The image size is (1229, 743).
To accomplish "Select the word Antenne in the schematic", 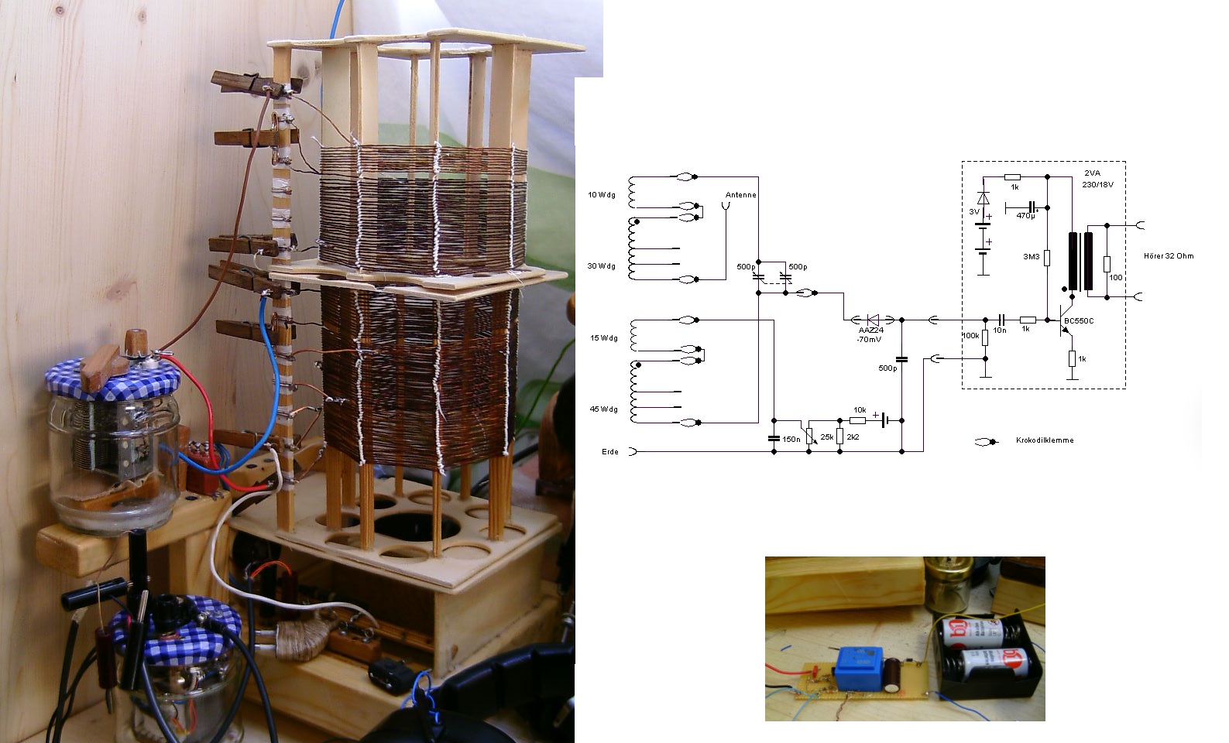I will point(741,195).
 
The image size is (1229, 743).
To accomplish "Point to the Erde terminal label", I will point(610,452).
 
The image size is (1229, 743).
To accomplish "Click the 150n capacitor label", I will point(791,439).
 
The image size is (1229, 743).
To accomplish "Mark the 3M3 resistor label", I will point(1031,255).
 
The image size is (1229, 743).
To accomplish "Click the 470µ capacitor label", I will point(1025,216).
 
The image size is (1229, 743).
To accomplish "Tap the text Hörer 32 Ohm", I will point(1169,256).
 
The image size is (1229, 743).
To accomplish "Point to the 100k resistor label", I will point(970,336).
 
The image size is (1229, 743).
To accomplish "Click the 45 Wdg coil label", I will point(603,409).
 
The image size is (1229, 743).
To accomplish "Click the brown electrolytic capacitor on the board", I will point(895,675).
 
